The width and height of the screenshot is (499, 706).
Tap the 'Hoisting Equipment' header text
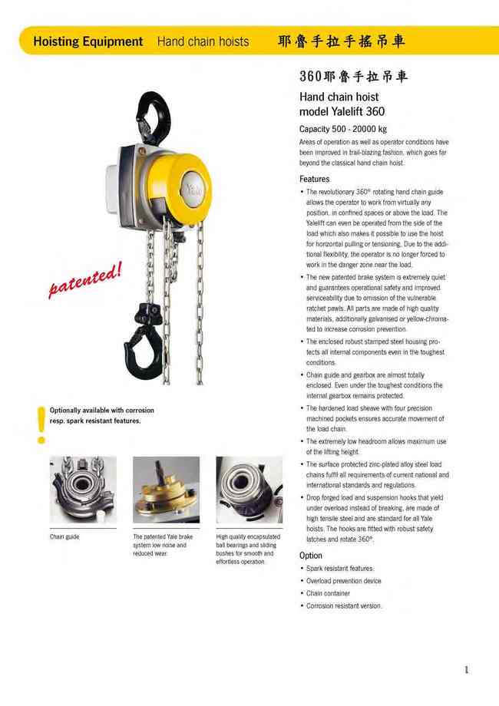[88, 41]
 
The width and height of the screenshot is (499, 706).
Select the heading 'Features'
[314, 179]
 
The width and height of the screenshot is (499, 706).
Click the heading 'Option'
[311, 555]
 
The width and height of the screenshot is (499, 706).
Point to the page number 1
[466, 670]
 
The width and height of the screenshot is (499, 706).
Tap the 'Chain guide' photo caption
[64, 536]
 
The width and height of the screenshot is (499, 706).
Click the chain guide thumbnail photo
[83, 490]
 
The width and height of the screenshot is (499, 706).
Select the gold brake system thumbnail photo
[166, 490]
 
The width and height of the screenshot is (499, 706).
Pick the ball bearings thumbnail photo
[249, 490]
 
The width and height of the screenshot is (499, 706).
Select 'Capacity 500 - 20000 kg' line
[342, 129]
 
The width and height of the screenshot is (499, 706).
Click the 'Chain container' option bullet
[328, 593]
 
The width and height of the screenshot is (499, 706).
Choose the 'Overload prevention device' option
[343, 581]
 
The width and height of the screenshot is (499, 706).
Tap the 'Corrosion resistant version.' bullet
[343, 606]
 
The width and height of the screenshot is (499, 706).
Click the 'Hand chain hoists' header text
[203, 41]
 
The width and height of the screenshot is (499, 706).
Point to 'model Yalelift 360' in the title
[342, 111]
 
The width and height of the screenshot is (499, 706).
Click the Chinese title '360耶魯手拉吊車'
[353, 77]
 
